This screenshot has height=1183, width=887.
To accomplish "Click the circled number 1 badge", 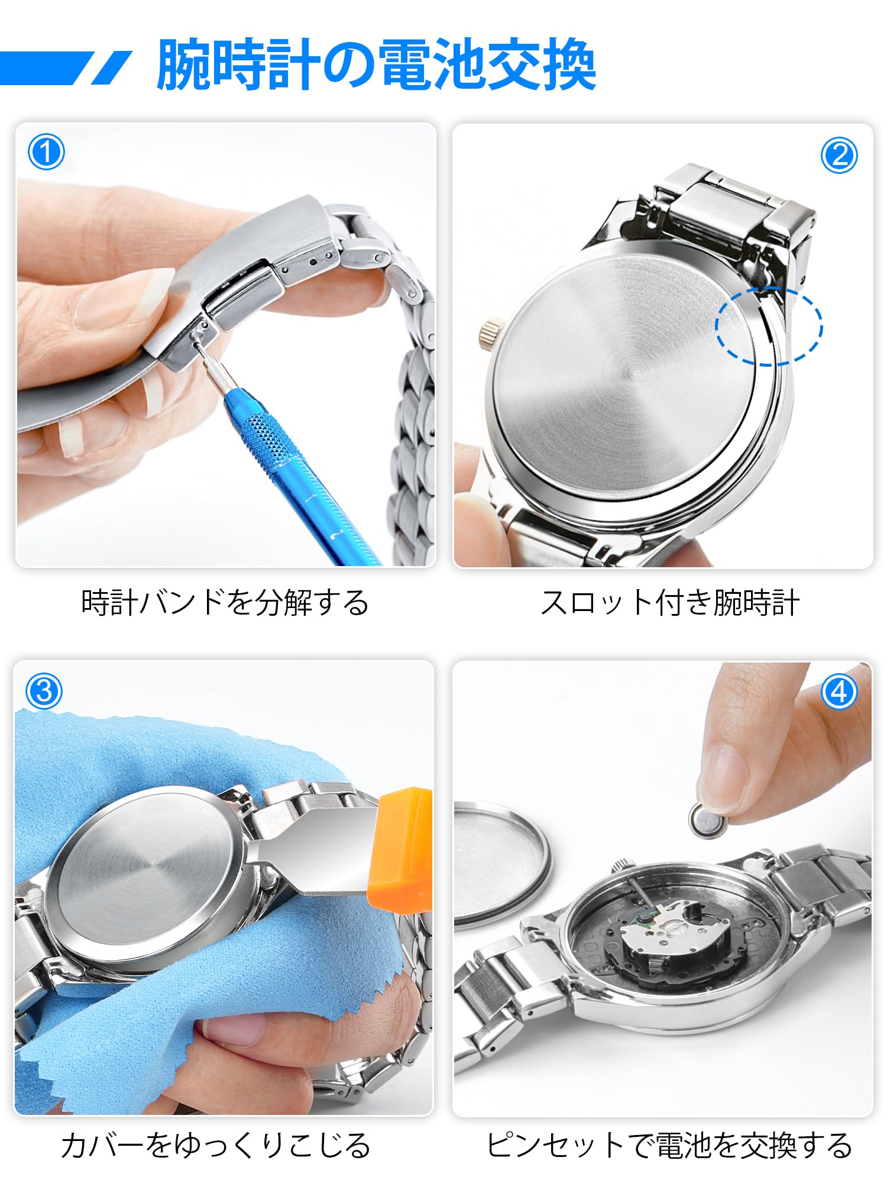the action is click(46, 153).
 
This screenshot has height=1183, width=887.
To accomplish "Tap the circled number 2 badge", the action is click(839, 156).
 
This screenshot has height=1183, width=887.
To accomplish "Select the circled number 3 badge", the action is click(44, 691).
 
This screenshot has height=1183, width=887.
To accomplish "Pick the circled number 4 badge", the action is click(839, 691).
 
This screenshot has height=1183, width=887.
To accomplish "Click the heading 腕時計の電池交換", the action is click(376, 65).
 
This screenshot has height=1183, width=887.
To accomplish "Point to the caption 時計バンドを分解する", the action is click(225, 603).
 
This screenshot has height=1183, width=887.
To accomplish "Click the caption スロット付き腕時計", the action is click(670, 603).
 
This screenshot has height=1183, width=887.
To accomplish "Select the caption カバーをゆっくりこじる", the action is click(216, 1146).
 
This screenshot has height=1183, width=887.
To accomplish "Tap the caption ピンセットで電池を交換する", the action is click(669, 1146).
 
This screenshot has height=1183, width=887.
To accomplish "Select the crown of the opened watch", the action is click(620, 864).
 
